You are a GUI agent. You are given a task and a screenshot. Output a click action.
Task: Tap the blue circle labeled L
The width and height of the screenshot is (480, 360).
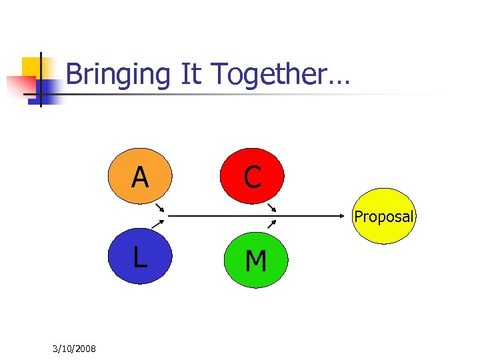click(140, 257)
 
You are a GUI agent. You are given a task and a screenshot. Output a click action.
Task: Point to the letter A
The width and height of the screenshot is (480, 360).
click(140, 178)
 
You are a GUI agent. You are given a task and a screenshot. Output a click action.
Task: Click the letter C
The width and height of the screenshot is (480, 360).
click(253, 177)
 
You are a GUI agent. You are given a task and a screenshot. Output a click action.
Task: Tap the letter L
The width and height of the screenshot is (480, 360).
click(139, 257)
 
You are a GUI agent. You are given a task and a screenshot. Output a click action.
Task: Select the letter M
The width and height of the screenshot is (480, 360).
click(255, 262)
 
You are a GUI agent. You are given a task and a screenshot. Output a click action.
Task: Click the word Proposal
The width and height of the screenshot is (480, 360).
click(384, 217)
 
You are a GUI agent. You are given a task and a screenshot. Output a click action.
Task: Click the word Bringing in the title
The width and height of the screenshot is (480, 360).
click(119, 75)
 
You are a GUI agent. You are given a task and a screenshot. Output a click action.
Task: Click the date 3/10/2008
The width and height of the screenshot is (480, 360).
click(73, 349)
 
